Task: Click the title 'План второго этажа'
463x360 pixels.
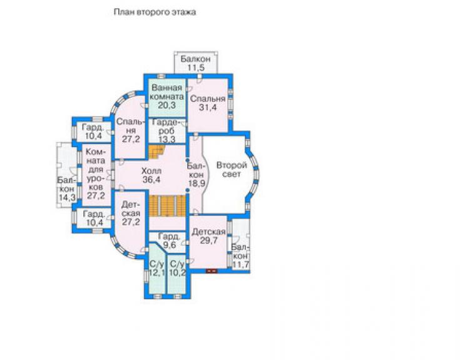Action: pos(155,13)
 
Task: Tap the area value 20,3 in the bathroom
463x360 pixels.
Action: pos(166,105)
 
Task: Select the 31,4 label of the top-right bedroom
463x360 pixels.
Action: pos(208,108)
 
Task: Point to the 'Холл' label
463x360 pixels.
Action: pos(151,171)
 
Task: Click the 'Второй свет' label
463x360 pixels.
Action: pos(232,170)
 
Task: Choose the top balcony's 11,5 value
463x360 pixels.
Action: pos(196,68)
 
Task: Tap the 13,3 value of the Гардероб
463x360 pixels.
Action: pos(166,140)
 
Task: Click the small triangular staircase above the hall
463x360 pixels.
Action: pos(156,152)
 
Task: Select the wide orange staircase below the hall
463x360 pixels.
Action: pos(167,206)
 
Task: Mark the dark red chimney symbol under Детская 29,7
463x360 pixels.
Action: pos(211,270)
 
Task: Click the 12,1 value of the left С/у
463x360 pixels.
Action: pos(157,272)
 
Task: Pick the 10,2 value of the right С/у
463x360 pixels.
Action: pos(177,272)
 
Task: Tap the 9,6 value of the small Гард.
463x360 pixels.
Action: pos(168,245)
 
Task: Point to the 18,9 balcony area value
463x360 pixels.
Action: pos(196,183)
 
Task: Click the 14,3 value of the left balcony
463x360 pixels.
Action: pos(67,197)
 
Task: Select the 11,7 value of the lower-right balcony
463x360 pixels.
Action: pos(241,265)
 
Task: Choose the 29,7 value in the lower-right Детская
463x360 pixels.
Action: pos(208,240)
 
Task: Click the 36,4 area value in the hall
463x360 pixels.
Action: pos(151,180)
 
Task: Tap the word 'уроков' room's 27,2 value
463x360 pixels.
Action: pos(96,195)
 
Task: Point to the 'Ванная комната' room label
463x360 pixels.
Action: pos(167,92)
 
